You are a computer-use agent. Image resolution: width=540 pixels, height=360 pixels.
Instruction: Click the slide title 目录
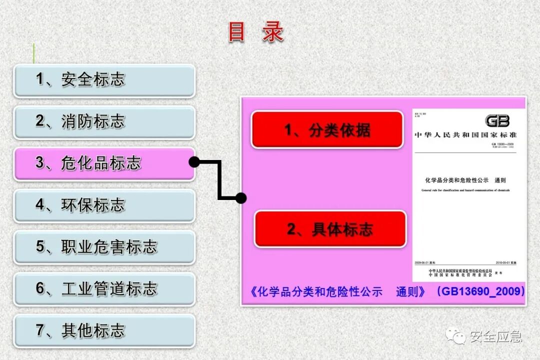(256, 32)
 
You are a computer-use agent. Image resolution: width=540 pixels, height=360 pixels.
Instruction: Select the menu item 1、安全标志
(104, 80)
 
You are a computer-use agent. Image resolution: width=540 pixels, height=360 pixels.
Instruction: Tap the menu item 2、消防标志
(104, 121)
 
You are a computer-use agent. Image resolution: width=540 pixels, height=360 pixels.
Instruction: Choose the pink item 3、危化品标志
(104, 163)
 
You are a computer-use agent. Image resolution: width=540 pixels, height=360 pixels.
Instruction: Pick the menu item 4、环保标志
(104, 205)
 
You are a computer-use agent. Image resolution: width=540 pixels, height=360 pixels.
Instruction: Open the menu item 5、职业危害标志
(104, 247)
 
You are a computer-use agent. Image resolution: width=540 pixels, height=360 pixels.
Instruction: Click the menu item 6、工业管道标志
(104, 288)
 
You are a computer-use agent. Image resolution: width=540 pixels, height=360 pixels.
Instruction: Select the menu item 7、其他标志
(104, 330)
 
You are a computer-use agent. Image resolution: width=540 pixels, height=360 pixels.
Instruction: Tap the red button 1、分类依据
(327, 130)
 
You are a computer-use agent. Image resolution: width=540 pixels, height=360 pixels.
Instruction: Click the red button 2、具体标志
(330, 229)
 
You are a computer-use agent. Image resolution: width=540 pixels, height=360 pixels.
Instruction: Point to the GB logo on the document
(497, 121)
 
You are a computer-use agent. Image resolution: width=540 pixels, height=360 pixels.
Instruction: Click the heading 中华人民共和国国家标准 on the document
(465, 135)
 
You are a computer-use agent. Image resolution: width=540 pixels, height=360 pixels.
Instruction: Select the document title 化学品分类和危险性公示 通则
(465, 180)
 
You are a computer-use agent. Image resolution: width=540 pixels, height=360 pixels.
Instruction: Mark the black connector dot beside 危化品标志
(194, 161)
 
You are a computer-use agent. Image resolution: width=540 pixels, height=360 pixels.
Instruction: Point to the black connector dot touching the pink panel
(241, 198)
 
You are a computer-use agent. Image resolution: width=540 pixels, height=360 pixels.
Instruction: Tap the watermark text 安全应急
(495, 336)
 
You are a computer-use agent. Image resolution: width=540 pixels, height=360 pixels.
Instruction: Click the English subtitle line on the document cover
(465, 190)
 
